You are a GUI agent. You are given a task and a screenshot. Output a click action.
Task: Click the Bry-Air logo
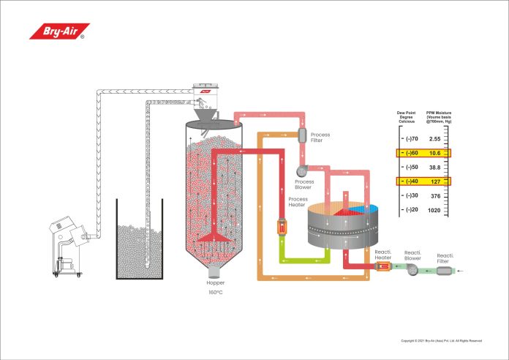[57, 31]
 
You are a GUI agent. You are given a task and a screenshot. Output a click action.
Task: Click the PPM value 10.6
[434, 153]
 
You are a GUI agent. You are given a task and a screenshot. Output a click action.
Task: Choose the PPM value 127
[434, 181]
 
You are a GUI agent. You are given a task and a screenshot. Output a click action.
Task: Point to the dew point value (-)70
[410, 139]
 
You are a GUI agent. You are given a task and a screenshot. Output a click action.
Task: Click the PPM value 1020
[434, 209]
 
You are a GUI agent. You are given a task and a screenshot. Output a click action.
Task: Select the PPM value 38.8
[434, 167]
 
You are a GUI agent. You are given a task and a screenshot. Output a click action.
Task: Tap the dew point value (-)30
[410, 195]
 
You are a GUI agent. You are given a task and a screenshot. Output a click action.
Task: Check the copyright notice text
[442, 340]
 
